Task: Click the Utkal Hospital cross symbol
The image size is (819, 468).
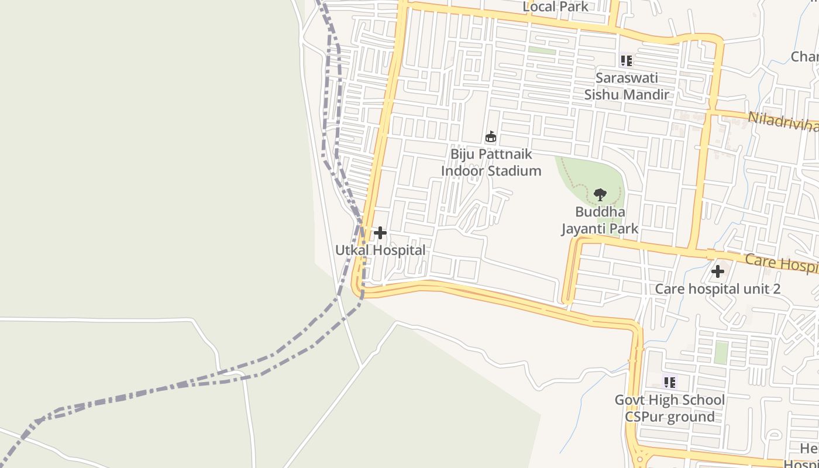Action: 380,233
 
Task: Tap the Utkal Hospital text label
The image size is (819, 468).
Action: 380,250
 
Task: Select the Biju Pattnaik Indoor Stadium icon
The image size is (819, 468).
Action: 491,137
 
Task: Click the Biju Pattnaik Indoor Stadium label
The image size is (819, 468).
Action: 491,163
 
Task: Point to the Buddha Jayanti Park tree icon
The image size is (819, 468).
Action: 600,195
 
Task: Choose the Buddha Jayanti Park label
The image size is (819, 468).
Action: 600,220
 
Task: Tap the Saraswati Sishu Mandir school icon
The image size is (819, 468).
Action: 627,60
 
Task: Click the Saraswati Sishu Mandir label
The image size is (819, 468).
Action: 627,86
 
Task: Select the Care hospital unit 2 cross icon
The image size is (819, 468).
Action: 718,271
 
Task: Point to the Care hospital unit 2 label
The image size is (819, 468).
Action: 717,288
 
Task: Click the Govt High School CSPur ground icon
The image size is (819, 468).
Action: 670,383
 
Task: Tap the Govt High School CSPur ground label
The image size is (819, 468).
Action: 670,408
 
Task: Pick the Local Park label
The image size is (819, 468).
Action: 555,6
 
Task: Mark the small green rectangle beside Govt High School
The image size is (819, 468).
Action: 721,353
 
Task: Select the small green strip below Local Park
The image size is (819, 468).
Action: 542,50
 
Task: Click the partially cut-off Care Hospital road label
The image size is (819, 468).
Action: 782,263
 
